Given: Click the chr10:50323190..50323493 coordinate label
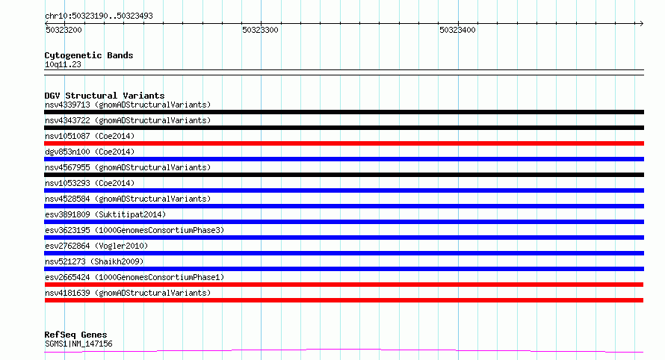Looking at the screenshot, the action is tap(99, 16).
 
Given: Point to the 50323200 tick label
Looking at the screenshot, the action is tap(64, 30).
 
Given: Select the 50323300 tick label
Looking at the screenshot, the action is tap(261, 30).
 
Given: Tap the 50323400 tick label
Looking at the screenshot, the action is tap(457, 30).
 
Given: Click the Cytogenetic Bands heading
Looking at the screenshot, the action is tap(89, 55).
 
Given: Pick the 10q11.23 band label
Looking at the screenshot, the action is tap(63, 64).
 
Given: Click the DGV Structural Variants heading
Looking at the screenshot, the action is tap(105, 96).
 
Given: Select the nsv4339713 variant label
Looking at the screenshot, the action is tap(67, 105).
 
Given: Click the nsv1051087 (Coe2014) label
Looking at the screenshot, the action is tap(90, 136).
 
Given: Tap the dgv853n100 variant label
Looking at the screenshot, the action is tap(67, 152).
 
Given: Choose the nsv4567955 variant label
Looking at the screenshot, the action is tap(67, 167).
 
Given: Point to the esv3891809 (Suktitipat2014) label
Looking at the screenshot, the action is tap(105, 214).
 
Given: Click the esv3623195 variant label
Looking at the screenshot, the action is tap(67, 230).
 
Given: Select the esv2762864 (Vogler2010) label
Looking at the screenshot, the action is tap(96, 246).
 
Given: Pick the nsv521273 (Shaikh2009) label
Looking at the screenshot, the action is tap(94, 261).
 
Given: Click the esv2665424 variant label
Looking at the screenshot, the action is tap(67, 277).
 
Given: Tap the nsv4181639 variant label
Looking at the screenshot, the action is tap(67, 293).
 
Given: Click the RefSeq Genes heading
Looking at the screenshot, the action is tap(75, 335).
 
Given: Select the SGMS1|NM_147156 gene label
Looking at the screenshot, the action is tap(78, 344).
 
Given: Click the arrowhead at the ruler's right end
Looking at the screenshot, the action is tap(642, 23).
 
